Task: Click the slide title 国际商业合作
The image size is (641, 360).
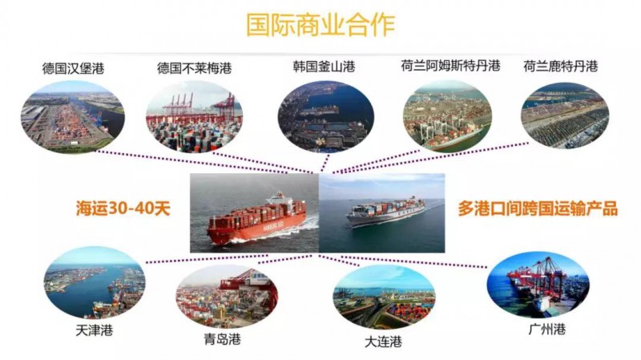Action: point(320,25)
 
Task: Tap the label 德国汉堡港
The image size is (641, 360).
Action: point(73,68)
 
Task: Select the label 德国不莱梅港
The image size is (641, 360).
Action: point(194,68)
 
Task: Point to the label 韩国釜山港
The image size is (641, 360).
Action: point(324,67)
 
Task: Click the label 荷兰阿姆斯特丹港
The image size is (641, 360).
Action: point(450,66)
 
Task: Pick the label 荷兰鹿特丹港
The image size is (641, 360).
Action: point(560,66)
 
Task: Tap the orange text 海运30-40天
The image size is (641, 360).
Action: point(123,208)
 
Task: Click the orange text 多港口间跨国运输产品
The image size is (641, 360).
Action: point(537,208)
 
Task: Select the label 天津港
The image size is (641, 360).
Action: point(94,330)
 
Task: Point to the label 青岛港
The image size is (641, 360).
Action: point(223,338)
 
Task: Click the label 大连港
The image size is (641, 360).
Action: point(383,342)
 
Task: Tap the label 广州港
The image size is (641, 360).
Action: point(547,329)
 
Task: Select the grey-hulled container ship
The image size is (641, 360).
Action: point(385,211)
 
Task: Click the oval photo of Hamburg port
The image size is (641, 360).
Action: point(72,116)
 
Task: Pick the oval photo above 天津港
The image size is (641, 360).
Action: point(95,283)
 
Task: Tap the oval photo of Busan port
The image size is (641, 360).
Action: point(326,116)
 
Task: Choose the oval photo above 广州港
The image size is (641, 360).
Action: point(538,284)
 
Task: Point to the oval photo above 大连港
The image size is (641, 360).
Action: point(384,297)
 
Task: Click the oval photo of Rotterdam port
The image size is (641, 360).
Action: point(565,115)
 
